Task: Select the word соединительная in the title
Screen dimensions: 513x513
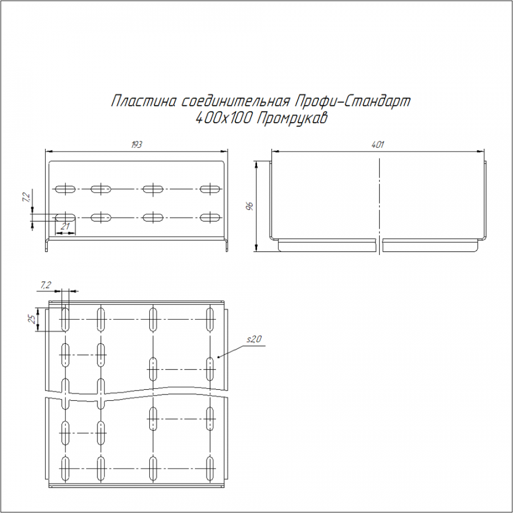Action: [235, 101]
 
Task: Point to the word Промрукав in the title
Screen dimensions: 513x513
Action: [292, 119]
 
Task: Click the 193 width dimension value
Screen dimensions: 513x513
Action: [136, 145]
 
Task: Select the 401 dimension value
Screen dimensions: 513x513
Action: [377, 145]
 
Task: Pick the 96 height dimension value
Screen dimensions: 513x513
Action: [250, 206]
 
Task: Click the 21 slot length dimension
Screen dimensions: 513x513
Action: [66, 226]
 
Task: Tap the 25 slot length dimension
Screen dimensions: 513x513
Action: [32, 319]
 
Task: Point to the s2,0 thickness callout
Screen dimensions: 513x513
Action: [254, 339]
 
